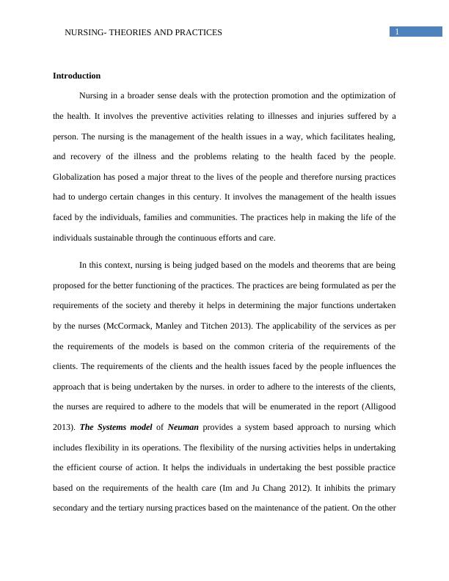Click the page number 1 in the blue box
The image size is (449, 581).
pos(397,32)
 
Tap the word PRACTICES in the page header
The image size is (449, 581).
pos(197,32)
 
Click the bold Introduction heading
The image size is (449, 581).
pos(77,76)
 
